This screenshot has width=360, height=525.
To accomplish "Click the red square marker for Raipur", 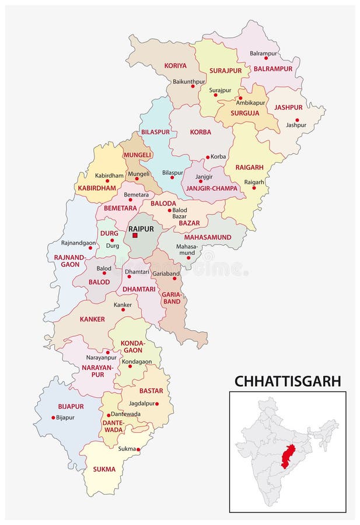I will tap(135, 236).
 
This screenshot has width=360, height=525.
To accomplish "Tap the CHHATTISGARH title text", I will tap(287, 381).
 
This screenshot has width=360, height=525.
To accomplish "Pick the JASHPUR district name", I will tap(288, 107).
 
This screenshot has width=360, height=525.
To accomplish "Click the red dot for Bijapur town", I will tap(53, 417).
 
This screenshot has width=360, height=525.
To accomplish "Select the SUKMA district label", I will tap(104, 469).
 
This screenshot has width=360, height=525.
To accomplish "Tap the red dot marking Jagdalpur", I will tap(157, 404).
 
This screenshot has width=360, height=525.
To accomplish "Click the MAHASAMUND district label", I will tap(208, 237).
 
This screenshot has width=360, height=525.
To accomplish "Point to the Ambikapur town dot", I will tap(240, 98).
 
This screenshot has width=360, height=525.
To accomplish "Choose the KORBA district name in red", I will tap(200, 132).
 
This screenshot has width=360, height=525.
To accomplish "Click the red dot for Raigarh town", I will tap(254, 188).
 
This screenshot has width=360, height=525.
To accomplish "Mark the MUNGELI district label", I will tap(137, 155).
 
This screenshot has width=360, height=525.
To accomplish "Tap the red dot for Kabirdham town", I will tap(107, 181).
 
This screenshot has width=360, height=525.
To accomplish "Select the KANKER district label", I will tap(93, 319).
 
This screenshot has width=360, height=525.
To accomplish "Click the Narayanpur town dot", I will tap(107, 352).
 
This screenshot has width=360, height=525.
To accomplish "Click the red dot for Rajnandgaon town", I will tap(90, 248).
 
